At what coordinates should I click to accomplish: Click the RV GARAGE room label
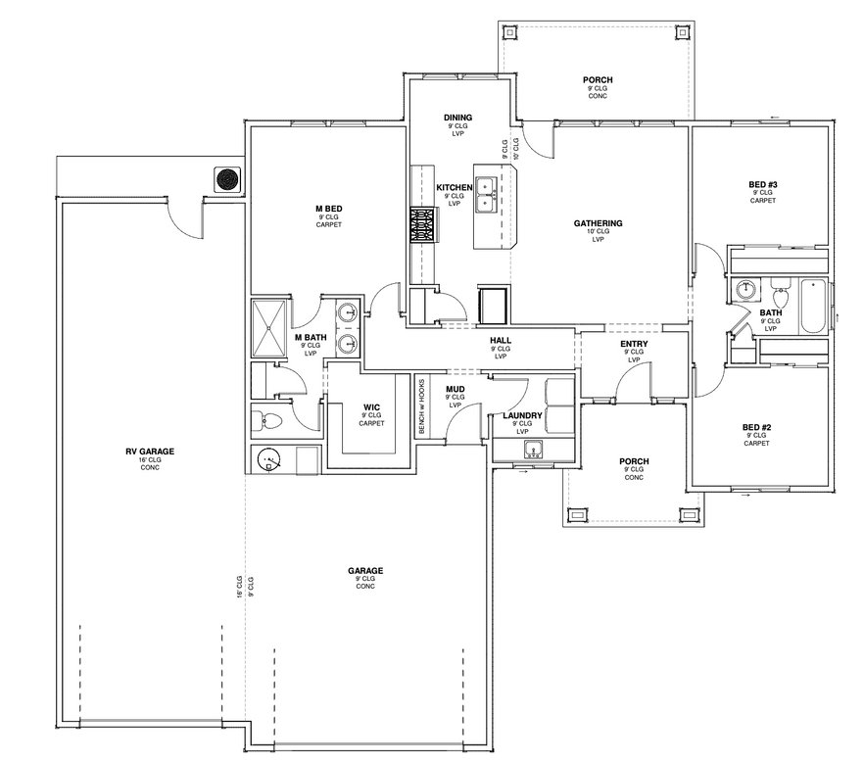tap(150, 452)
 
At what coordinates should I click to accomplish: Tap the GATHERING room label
tap(598, 223)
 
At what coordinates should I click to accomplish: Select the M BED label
tap(328, 209)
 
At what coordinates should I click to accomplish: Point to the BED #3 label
tap(763, 184)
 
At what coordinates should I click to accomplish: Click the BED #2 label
tap(756, 427)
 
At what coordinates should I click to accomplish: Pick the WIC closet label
tap(371, 407)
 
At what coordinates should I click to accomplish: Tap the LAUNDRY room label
tap(522, 415)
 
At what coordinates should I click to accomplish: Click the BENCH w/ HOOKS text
tap(422, 406)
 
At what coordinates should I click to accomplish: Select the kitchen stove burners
tap(423, 224)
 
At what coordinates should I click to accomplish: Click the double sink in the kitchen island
tap(486, 195)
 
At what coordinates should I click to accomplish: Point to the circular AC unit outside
tap(228, 179)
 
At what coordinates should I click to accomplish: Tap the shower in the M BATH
tap(268, 328)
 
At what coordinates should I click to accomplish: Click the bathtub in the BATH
tap(813, 307)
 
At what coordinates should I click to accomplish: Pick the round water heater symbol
tap(268, 459)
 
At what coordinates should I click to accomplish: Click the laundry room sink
tap(533, 450)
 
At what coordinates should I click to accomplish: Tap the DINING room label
tap(457, 118)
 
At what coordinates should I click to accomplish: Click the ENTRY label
tap(634, 344)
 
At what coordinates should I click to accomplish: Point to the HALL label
tap(501, 341)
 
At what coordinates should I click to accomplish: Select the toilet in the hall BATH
tap(780, 296)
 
